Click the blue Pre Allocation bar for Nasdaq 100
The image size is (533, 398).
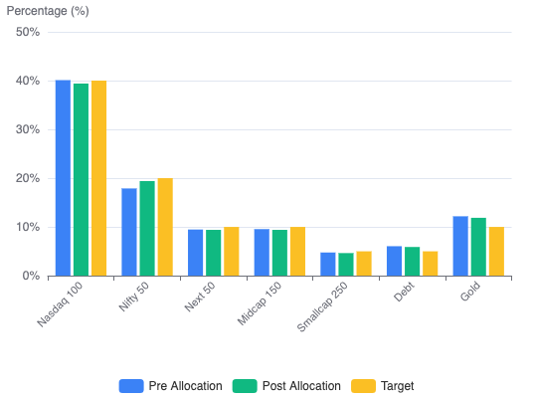pos(64,178)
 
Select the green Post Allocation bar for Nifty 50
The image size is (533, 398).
pos(147,229)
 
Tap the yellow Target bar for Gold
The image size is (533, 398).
pos(496,252)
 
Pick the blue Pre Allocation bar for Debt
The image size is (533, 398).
pos(395,261)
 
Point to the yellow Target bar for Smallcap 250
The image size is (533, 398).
pos(364,264)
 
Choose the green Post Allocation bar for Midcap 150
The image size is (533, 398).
pos(279,253)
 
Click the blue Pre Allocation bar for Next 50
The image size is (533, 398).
pos(196,253)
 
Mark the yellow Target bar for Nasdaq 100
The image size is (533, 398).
pos(98,178)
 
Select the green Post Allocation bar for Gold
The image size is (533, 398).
pos(478,247)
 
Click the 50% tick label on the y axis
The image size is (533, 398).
pos(28,32)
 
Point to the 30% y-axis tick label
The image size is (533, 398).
pos(28,129)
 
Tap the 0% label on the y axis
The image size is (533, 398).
pos(31,276)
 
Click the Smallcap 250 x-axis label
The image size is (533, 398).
pos(322,306)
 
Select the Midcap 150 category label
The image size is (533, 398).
pos(260,303)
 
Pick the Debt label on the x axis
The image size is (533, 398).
pos(404,292)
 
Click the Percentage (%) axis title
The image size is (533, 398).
pos(48,11)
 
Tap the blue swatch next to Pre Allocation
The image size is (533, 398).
pos(131,386)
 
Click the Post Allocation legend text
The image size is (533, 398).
pos(301,386)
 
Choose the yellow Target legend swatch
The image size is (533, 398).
pos(363,386)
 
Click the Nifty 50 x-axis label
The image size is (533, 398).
pos(134,297)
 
